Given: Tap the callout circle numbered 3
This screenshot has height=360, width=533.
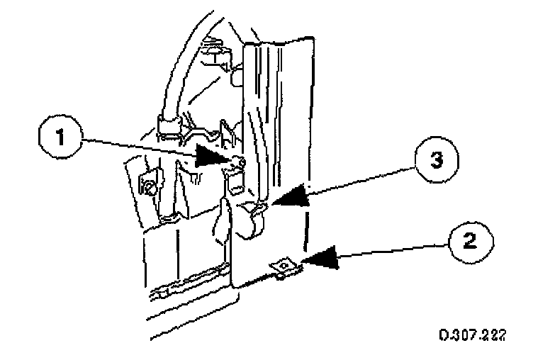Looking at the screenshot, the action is (x=434, y=161).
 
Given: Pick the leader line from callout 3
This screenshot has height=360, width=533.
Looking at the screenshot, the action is (x=361, y=181).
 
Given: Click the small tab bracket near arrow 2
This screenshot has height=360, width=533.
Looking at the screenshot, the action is (x=284, y=267).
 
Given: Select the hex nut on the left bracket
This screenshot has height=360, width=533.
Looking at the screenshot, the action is (x=149, y=186).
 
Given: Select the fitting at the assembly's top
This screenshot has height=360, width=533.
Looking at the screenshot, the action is (x=215, y=53).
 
